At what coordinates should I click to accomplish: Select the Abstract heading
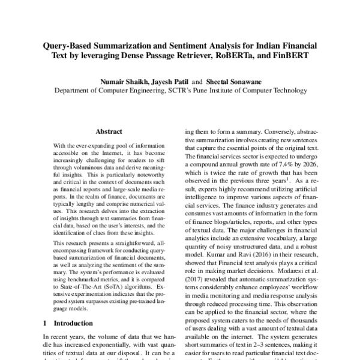tap(108, 131)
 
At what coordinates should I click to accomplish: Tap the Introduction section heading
tap(77, 323)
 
